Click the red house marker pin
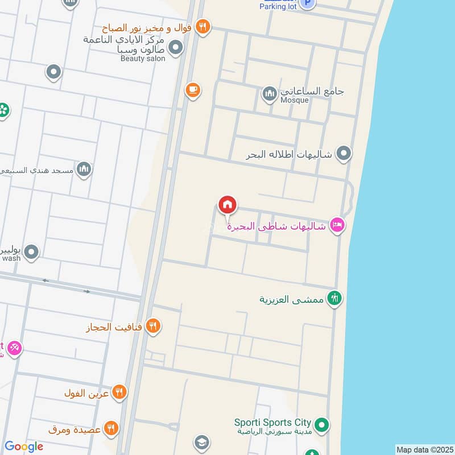coord(227,205)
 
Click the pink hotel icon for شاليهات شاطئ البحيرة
coord(337,226)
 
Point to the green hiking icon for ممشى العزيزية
coord(334,297)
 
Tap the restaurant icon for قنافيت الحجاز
coord(152,326)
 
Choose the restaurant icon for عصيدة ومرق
coord(111,428)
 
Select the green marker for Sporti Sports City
coord(321,424)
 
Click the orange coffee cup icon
coord(193,89)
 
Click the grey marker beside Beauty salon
coord(176,48)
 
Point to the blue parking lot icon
coord(308,3)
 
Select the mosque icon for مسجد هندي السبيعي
coord(84,168)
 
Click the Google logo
coord(24,446)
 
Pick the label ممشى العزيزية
coord(292,299)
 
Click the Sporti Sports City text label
coord(273,423)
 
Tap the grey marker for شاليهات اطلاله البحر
coord(343,153)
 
